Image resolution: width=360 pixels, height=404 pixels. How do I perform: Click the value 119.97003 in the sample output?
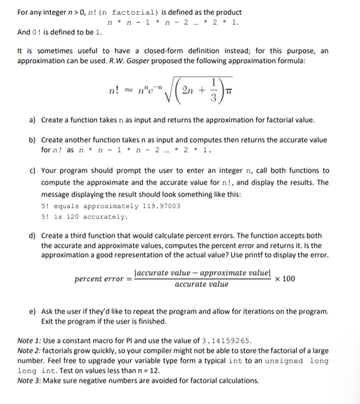159,206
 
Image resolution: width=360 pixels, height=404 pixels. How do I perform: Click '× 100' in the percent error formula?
284,278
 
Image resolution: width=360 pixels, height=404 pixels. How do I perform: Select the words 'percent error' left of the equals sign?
100,278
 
